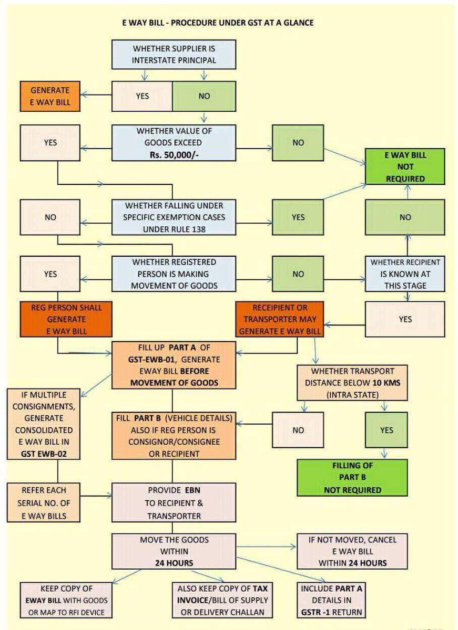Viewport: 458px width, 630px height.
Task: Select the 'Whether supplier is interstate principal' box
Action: pos(173,54)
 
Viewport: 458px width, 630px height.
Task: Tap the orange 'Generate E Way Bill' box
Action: pos(50,96)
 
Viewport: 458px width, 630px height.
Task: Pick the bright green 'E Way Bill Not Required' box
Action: pos(405,166)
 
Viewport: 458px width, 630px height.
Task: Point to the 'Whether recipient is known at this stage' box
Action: pos(405,274)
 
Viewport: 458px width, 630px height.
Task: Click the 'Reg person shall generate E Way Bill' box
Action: pos(66,318)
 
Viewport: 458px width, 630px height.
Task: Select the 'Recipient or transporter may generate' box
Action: pos(280,318)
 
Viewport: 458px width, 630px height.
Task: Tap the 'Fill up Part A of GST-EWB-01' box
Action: pos(173,364)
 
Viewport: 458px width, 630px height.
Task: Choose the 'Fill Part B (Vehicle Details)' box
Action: pos(173,435)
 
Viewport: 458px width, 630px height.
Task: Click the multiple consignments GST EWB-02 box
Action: pos(44,424)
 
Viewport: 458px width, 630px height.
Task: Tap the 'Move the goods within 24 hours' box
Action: pos(173,551)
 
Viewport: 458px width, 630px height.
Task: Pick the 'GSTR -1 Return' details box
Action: pos(331,600)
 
